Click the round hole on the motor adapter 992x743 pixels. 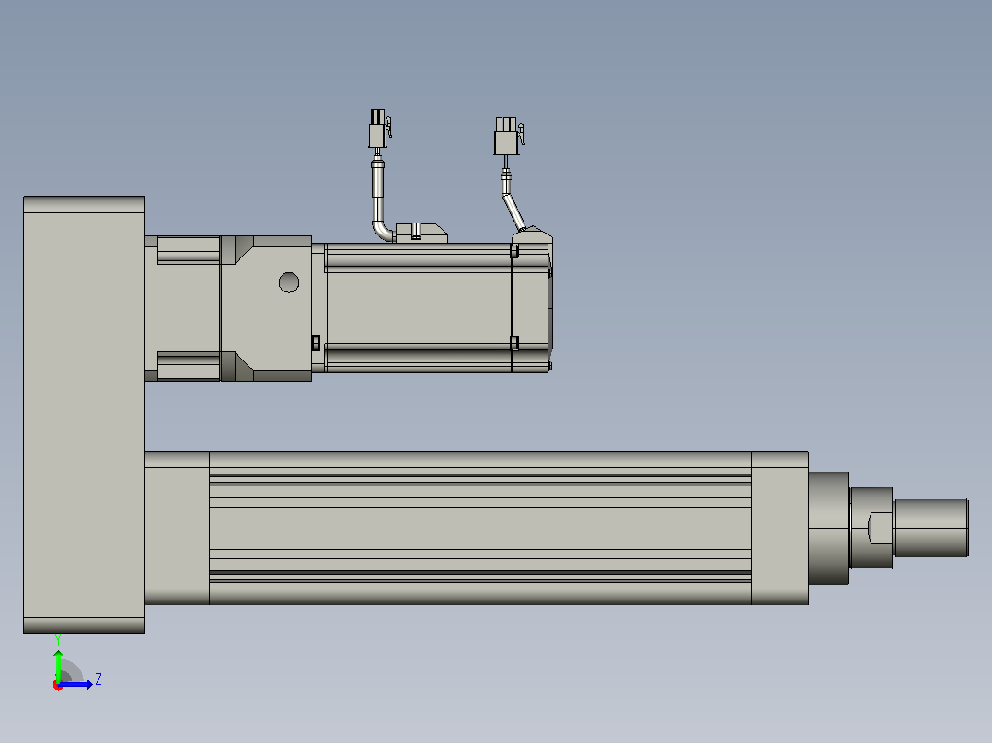(x=289, y=282)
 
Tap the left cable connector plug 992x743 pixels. (x=379, y=129)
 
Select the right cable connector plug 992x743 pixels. (x=507, y=136)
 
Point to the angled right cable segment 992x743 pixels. (x=514, y=212)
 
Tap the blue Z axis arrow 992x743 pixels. (x=75, y=684)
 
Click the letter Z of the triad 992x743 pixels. (x=98, y=680)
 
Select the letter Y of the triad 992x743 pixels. (x=58, y=640)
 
